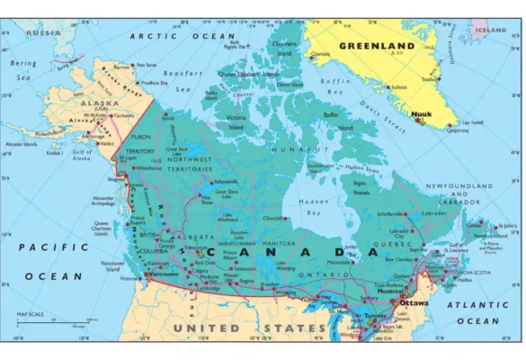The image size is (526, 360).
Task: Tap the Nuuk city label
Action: click(420, 114)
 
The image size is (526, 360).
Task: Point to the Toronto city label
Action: click(376, 317)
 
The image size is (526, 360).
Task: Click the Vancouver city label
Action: click(161, 273)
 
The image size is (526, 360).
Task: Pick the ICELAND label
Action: click(491, 30)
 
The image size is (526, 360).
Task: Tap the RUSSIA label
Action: click(43, 31)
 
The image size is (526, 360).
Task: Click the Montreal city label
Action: click(390, 292)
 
